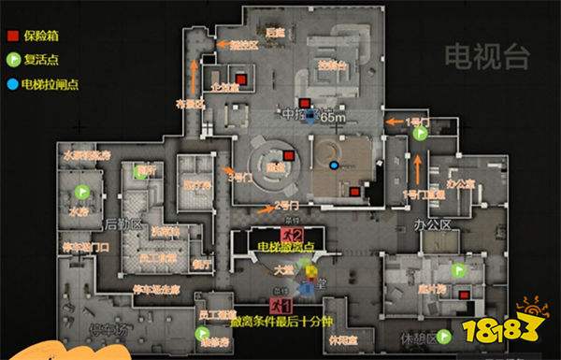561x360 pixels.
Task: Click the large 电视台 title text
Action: coord(482,53)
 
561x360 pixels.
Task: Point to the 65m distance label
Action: coord(332,119)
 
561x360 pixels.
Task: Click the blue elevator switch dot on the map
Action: coord(333,166)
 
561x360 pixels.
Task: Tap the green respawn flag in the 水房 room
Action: coord(82,192)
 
